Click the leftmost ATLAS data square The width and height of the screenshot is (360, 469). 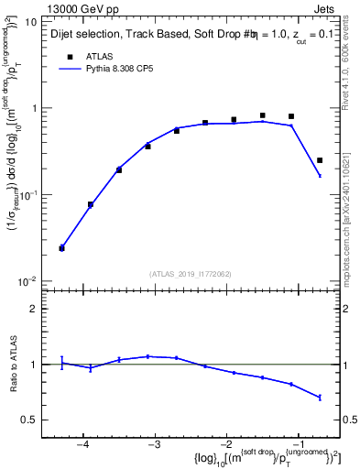(61, 248)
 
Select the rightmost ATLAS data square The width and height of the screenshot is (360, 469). (320, 160)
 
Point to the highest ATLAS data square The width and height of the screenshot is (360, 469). (263, 115)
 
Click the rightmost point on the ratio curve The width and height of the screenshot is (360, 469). (320, 398)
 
